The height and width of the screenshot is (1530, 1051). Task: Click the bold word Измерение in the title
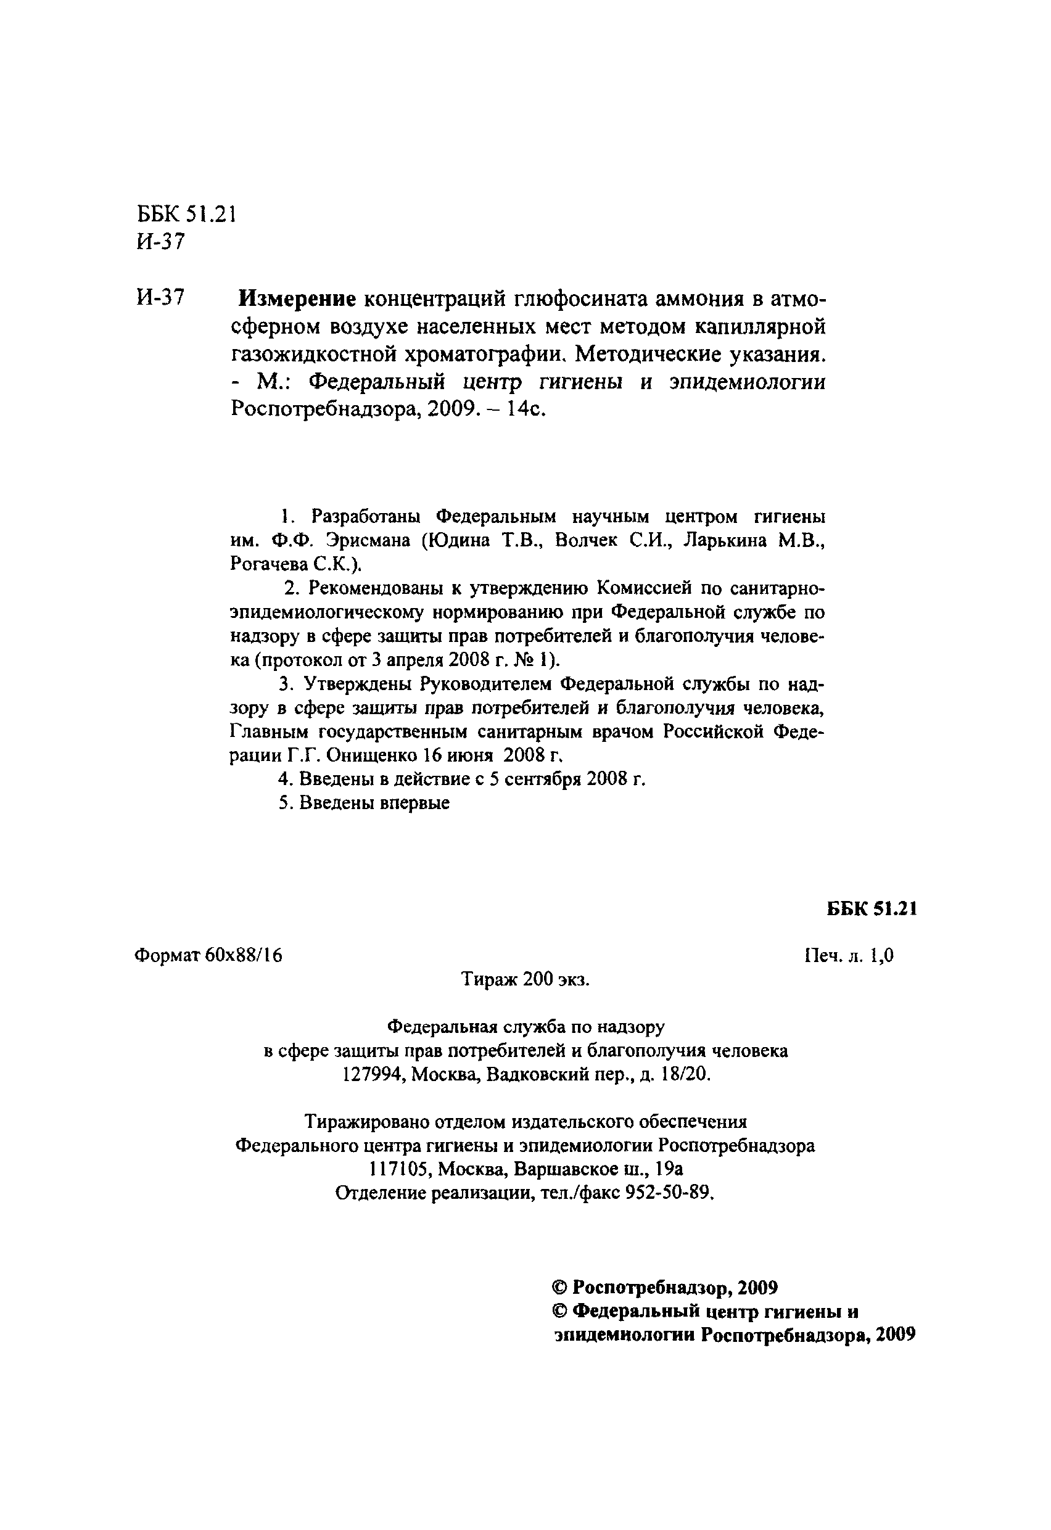[x=297, y=299]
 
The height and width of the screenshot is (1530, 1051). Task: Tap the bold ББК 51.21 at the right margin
[x=872, y=908]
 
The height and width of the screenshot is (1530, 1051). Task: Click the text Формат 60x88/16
[x=208, y=955]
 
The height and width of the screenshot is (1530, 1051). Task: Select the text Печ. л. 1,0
[x=849, y=956]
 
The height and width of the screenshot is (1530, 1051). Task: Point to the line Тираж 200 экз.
[x=525, y=980]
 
